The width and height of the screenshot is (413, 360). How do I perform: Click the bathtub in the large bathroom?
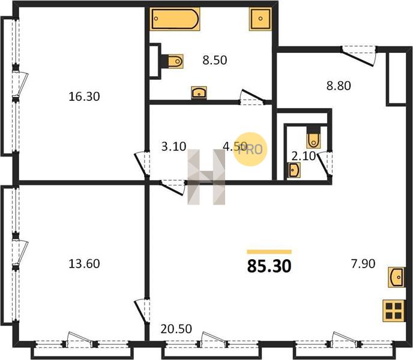coord(175,19)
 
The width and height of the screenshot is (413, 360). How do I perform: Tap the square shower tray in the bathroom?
coord(261,19)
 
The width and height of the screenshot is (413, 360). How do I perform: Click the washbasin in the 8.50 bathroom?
coord(199,92)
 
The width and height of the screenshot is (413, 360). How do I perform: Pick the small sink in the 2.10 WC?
coord(294,170)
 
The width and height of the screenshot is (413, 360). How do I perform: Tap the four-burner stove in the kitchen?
coord(394,311)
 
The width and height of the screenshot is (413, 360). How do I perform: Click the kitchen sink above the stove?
coord(396,277)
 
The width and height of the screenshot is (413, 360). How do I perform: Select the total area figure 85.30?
coord(269,266)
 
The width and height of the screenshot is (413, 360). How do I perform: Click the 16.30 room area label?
coord(84,97)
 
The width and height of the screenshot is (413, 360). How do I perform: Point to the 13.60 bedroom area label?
coord(84,263)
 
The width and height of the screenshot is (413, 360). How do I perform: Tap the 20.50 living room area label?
coord(176,329)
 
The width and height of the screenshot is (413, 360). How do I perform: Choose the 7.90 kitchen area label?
coord(363,263)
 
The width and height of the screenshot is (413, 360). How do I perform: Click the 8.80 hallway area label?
coord(339,86)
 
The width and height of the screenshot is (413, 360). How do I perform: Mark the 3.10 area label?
coord(174,146)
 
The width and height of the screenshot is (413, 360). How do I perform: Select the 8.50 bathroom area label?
coord(215,60)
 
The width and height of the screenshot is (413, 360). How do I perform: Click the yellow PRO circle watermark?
coord(250,149)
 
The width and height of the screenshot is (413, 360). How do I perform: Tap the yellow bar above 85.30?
coord(269,252)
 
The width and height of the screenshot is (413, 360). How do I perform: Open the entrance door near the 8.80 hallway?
coord(359,55)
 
